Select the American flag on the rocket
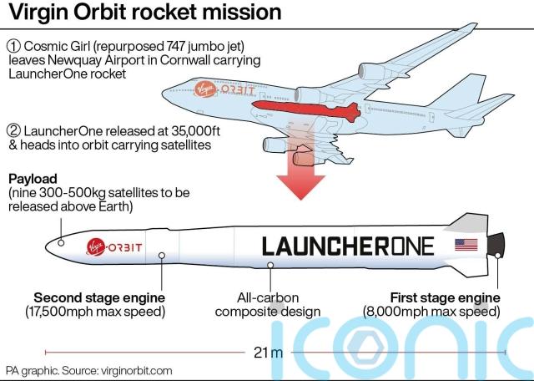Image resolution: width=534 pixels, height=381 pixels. coord(466,245)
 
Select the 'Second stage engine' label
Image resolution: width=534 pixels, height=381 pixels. coord(99,297)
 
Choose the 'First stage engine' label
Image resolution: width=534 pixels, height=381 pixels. coord(446,297)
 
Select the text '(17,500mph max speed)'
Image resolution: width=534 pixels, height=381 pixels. coord(98,312)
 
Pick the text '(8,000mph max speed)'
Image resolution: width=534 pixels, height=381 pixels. coord(446,312)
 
